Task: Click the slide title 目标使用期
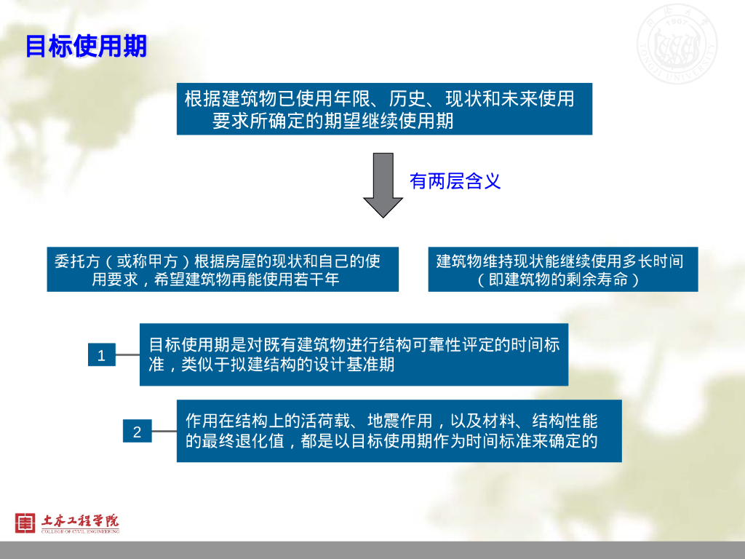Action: [x=86, y=47]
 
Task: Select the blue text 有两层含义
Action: [x=455, y=181]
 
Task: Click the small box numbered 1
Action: [x=101, y=355]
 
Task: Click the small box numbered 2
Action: [x=137, y=432]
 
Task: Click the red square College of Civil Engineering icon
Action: [x=25, y=522]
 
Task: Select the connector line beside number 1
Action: [x=127, y=355]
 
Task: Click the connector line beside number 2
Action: [x=164, y=432]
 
